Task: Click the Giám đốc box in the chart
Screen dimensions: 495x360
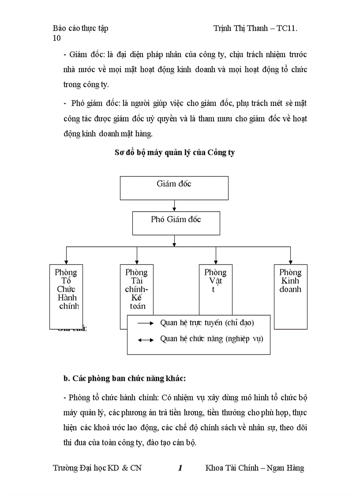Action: tap(174, 188)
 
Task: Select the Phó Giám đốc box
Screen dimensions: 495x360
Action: tap(176, 223)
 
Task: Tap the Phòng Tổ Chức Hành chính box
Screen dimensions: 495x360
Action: tap(66, 291)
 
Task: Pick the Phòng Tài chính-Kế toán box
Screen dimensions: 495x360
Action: tap(136, 289)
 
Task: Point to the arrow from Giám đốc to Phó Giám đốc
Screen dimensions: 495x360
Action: tap(175, 205)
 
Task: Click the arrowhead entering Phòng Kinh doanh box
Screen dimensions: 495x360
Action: tap(290, 262)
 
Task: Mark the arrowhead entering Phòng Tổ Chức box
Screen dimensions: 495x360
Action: tap(66, 262)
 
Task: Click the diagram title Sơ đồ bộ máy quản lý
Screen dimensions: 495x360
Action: tap(175, 153)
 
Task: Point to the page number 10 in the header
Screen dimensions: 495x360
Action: tap(56, 38)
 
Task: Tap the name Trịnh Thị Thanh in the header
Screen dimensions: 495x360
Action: tap(241, 28)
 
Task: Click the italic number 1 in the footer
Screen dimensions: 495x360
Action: tap(180, 468)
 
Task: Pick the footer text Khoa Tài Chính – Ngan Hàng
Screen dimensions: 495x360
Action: tap(255, 468)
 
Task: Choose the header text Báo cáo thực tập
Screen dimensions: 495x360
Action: tap(80, 28)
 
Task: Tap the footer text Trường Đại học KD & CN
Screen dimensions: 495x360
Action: tap(97, 468)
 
